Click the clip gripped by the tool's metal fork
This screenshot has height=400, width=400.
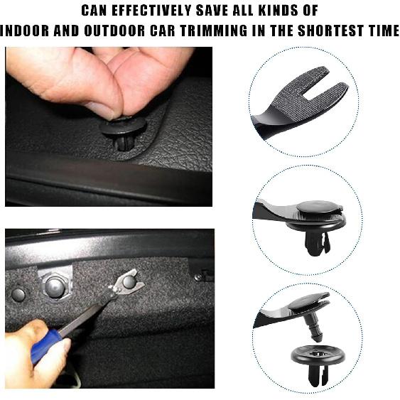tap(129, 281)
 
